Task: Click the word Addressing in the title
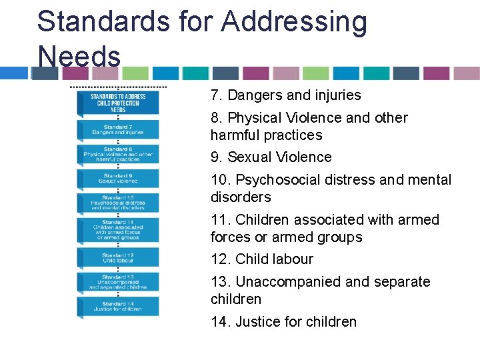pyautogui.click(x=294, y=21)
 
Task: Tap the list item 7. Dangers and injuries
pyautogui.click(x=285, y=95)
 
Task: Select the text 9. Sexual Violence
pyautogui.click(x=271, y=157)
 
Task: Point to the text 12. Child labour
pyautogui.click(x=261, y=259)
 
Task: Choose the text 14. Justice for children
pyautogui.click(x=283, y=322)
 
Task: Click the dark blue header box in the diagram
pyautogui.click(x=119, y=103)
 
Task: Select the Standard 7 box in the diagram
pyautogui.click(x=119, y=129)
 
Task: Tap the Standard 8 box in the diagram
pyautogui.click(x=119, y=154)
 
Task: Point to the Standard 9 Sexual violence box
pyautogui.click(x=119, y=178)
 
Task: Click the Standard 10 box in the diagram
pyautogui.click(x=119, y=203)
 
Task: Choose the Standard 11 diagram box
pyautogui.click(x=119, y=230)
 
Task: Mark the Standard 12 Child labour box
pyautogui.click(x=119, y=257)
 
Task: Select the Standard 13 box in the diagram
pyautogui.click(x=119, y=282)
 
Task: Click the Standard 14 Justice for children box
pyautogui.click(x=119, y=306)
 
